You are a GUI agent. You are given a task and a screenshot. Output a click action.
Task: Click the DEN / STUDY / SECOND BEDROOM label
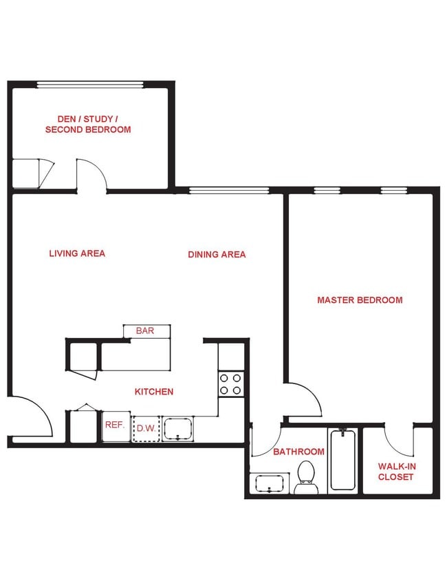pos(87,124)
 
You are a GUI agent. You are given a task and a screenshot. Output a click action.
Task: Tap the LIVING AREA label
pos(77,253)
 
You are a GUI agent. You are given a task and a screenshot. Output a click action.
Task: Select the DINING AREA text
pos(217,255)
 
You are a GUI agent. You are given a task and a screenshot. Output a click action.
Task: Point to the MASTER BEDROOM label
pos(360,300)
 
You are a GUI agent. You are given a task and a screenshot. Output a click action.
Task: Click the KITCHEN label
pos(153,392)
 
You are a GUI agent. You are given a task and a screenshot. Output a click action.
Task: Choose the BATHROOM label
pos(298,452)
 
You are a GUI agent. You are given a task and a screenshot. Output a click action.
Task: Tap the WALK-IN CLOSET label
pos(396,472)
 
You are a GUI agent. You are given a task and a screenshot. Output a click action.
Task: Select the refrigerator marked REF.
pos(116,426)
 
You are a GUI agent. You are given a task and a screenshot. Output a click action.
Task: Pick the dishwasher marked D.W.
pos(145,428)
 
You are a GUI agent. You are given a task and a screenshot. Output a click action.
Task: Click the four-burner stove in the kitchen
pos(230,384)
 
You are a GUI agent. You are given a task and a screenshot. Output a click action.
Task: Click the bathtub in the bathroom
pos(342,459)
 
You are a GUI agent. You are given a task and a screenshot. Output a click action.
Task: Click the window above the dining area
pos(228,191)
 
